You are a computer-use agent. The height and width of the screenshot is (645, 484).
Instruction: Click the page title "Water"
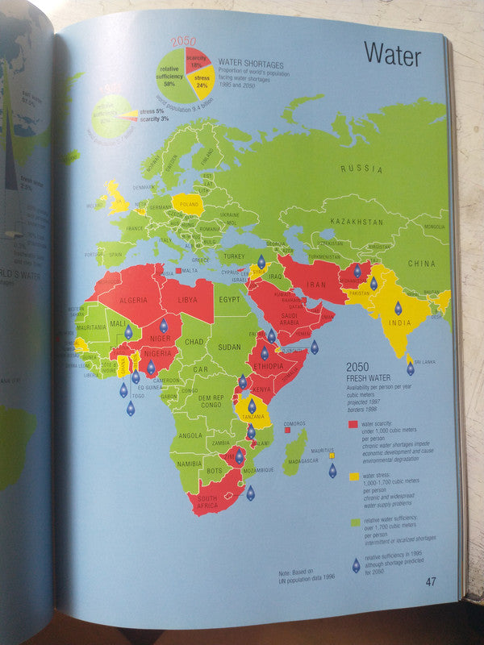tap(392, 54)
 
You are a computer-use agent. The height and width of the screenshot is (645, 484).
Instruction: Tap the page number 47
tap(432, 581)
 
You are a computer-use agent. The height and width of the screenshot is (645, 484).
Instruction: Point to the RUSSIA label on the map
tap(361, 169)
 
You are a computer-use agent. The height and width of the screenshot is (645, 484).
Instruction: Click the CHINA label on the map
tap(420, 264)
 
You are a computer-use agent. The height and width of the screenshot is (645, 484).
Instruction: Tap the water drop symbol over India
tap(398, 308)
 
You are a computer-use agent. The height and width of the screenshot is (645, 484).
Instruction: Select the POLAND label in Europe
tap(187, 205)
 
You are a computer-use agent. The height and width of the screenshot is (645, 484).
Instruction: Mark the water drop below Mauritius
tap(332, 470)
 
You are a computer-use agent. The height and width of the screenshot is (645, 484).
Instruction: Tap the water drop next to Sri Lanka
tap(410, 368)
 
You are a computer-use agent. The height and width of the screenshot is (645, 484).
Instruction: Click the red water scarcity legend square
tap(353, 423)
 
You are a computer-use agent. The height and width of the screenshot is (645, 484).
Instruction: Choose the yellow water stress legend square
tap(353, 476)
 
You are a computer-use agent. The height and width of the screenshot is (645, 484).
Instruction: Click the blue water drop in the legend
tap(355, 565)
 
